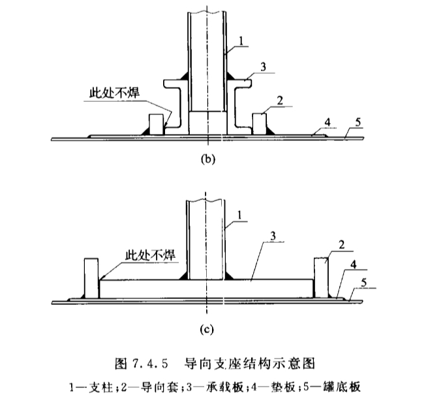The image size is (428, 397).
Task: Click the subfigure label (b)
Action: click(208, 159)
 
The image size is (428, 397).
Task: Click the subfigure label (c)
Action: click(207, 330)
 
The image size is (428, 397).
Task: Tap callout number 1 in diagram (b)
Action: click(241, 41)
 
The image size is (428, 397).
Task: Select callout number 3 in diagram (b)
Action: click(263, 67)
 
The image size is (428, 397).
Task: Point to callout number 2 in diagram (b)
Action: click(280, 101)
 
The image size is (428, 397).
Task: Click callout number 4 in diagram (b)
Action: click(328, 122)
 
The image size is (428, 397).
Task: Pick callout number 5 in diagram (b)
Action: click(358, 122)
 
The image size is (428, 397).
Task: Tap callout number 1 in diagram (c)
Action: click(239, 215)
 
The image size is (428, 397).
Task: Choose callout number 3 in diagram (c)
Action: click(273, 236)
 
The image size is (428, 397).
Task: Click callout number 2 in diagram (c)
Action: click(341, 245)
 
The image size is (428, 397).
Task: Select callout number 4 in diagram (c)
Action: click(353, 264)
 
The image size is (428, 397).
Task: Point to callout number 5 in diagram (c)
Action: click(363, 283)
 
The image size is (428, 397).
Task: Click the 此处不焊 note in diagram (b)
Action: click(115, 93)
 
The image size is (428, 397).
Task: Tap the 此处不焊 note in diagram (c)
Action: click(151, 255)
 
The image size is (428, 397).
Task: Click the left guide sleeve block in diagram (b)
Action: click(157, 124)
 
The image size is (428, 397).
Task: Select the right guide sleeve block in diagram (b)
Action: click(259, 124)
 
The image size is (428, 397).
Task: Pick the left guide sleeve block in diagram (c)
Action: click(91, 278)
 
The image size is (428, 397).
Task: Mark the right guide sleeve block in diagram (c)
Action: click(321, 278)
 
